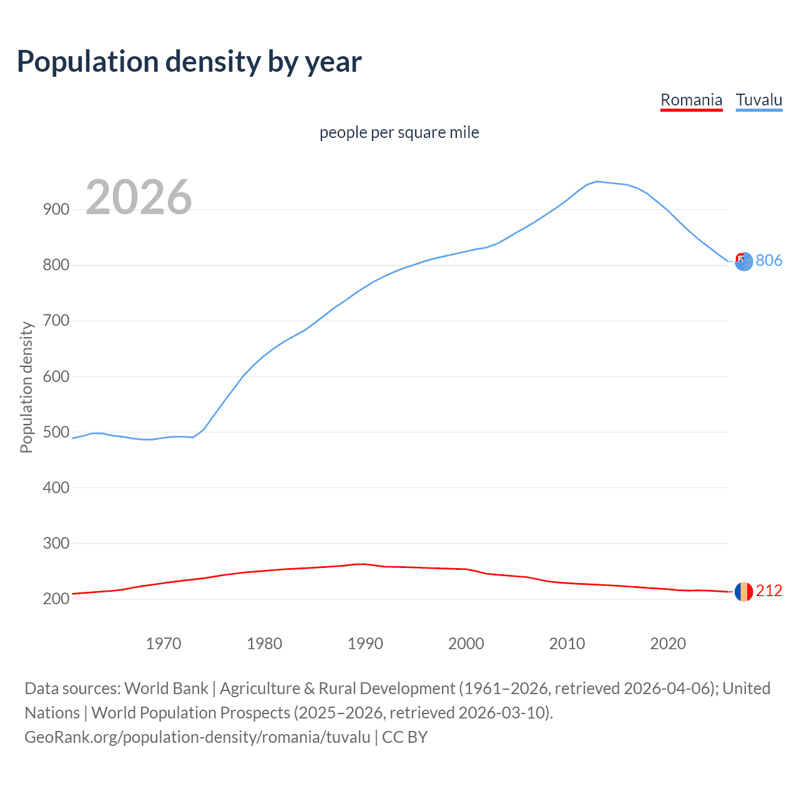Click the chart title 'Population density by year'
click(189, 62)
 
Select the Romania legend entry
click(691, 100)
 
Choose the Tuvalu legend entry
click(758, 100)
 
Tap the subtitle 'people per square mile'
click(399, 132)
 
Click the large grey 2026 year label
click(139, 197)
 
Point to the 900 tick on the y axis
click(56, 210)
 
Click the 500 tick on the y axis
click(56, 433)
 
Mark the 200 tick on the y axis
click(56, 599)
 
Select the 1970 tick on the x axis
click(164, 644)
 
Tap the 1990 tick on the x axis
click(365, 644)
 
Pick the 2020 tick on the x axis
click(668, 644)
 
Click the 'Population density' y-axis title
click(26, 387)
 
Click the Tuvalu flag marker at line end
click(743, 262)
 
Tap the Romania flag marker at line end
click(743, 591)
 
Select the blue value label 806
click(769, 260)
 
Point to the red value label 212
click(769, 591)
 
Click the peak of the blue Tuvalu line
click(597, 182)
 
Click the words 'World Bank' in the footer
click(166, 689)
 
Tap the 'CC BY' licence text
click(404, 737)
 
